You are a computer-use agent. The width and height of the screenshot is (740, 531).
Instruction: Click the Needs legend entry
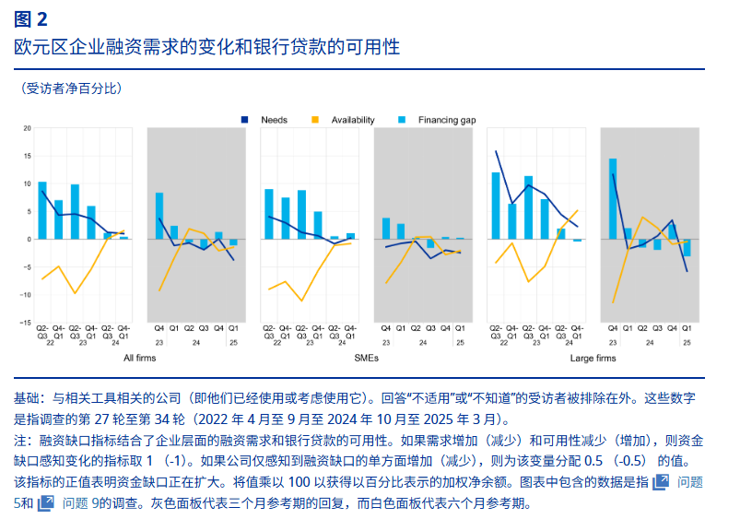[274, 120]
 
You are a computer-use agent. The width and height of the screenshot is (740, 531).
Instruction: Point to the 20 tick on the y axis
[28, 128]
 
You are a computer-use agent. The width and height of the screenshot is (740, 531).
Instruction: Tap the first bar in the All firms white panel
[42, 210]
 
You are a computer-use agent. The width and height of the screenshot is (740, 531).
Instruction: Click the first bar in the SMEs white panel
[269, 214]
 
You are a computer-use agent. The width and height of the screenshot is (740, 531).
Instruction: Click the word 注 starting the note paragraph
[20, 441]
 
